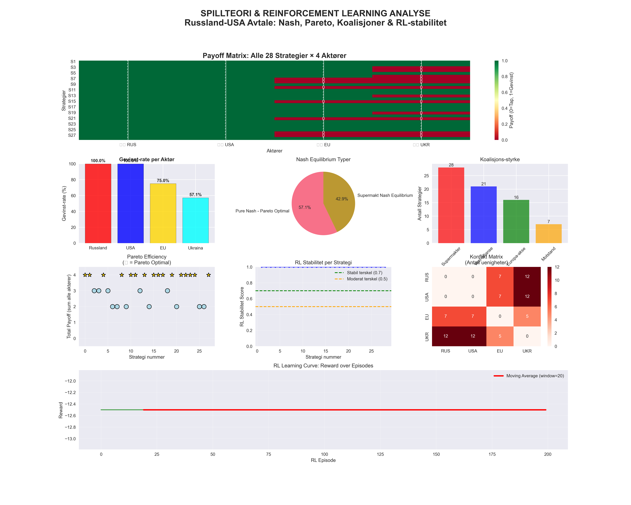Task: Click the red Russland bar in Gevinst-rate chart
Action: tap(98, 203)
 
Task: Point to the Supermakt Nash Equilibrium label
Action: tap(385, 195)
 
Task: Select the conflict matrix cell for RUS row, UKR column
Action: tap(527, 277)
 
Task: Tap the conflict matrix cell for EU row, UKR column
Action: tap(527, 316)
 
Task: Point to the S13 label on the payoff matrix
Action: tap(72, 96)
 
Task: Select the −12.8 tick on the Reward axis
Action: tap(70, 427)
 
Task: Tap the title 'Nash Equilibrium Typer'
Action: tap(323, 160)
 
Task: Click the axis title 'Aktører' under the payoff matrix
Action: tap(274, 151)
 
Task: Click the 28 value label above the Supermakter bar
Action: tap(451, 165)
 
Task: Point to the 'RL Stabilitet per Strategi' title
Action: tap(323, 263)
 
